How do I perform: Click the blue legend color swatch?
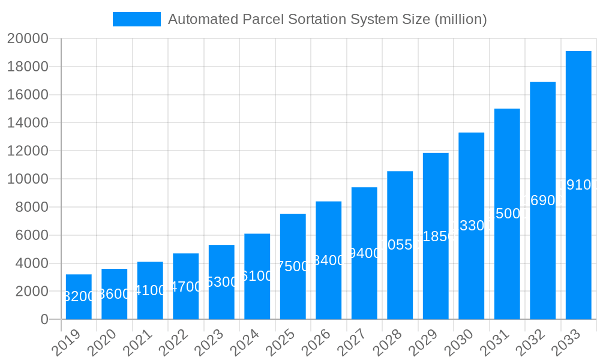pos(137,19)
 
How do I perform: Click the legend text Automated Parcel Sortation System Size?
pos(327,19)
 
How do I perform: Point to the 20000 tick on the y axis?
pos(28,39)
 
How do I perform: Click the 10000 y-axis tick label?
pos(28,179)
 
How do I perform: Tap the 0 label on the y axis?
pos(44,320)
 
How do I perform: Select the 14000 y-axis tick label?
pos(28,123)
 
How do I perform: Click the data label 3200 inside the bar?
pos(79,296)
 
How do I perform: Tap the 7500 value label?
pos(293,266)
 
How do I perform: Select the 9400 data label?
pos(364,253)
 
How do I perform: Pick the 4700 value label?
pos(185,287)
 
